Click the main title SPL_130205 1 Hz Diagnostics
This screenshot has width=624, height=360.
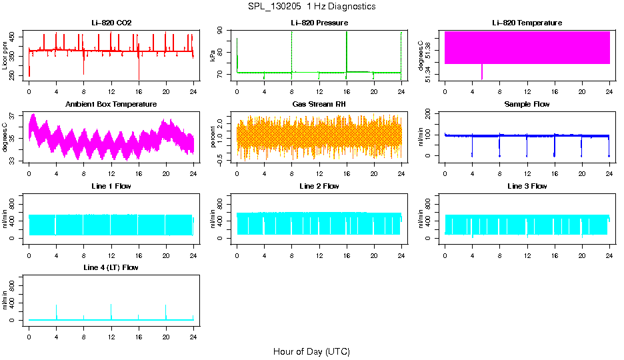pos(311,7)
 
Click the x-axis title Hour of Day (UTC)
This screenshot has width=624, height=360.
pos(311,351)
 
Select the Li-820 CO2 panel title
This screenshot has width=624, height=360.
pos(111,23)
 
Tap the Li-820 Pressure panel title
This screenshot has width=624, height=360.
pos(319,23)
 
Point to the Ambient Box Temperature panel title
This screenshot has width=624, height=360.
pos(111,105)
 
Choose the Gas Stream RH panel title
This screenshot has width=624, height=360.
pos(319,105)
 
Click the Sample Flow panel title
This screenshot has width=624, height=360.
pos(527,105)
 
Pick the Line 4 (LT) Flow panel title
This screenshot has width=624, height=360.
pos(111,267)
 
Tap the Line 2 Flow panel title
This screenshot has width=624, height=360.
pos(319,186)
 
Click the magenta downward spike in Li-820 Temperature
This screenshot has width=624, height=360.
pos(482,72)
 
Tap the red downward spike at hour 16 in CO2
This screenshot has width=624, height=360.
pos(139,70)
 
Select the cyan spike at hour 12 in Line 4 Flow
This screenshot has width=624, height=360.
pos(111,310)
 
